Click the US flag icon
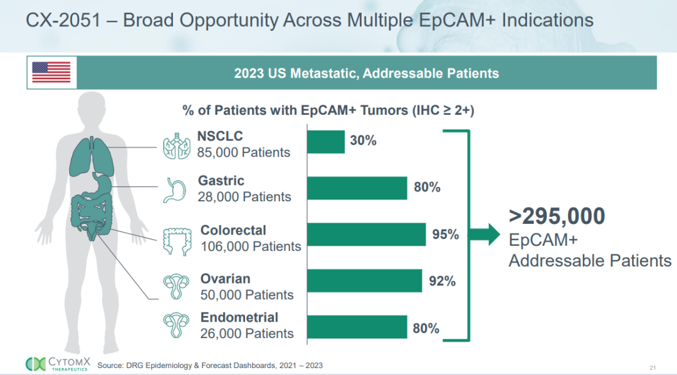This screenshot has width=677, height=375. (x=51, y=72)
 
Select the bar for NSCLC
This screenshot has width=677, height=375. (x=326, y=142)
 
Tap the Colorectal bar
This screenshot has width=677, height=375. (x=367, y=235)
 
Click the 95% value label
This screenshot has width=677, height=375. (x=446, y=235)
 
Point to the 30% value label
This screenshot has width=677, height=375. (x=363, y=141)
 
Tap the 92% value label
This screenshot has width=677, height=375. (x=442, y=281)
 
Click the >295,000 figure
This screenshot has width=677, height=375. (x=557, y=216)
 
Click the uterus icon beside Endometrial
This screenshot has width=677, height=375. (x=176, y=325)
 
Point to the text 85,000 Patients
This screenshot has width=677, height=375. (x=243, y=152)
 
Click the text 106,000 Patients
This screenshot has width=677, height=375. (x=251, y=246)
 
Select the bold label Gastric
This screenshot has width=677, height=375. (x=221, y=181)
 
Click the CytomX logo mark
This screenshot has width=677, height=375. (x=35, y=364)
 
